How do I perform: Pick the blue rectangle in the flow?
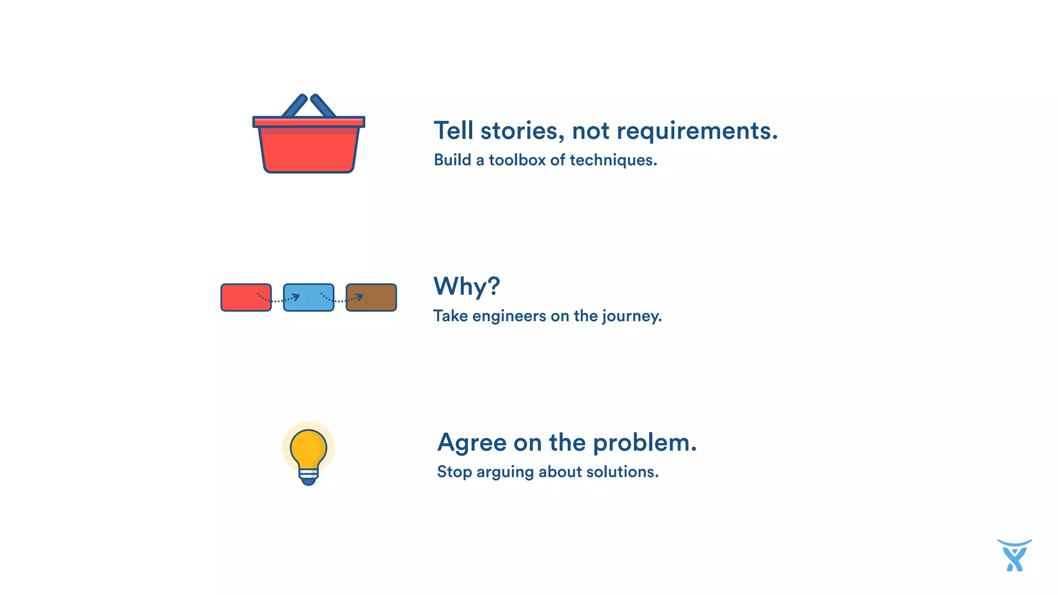tap(308, 297)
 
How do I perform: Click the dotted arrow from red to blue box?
tap(278, 299)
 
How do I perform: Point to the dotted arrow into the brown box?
tap(341, 299)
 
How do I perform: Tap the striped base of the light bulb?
tap(308, 474)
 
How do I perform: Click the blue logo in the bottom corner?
tap(1015, 556)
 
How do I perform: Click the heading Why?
tap(466, 286)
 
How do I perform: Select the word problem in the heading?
tap(644, 443)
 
